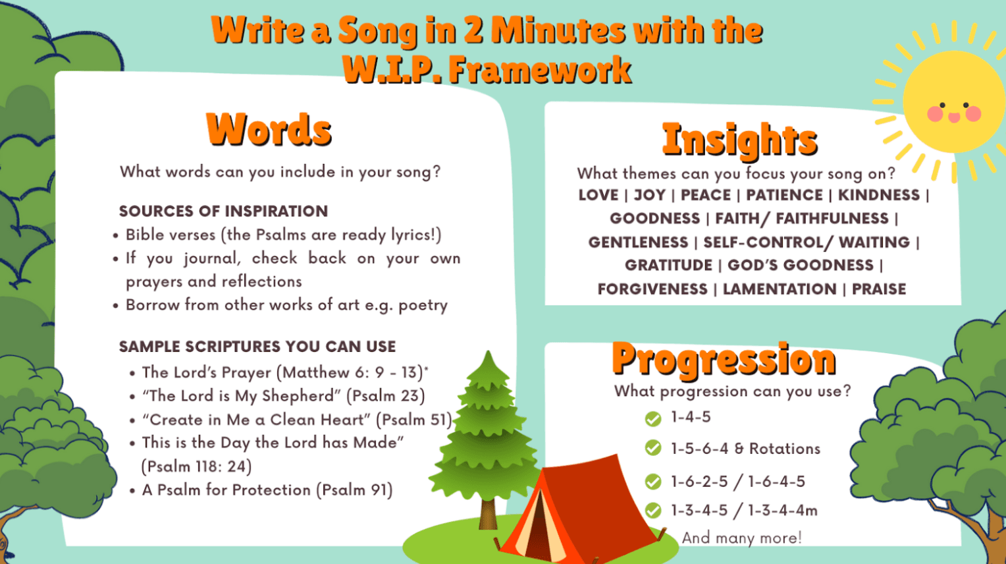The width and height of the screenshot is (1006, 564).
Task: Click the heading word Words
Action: pyautogui.click(x=269, y=129)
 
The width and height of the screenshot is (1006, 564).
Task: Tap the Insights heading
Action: pyautogui.click(x=739, y=140)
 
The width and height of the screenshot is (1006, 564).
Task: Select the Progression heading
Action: pyautogui.click(x=724, y=359)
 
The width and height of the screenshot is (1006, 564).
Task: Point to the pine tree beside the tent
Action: pyautogui.click(x=488, y=428)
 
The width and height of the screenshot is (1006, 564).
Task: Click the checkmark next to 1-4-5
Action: pyautogui.click(x=653, y=419)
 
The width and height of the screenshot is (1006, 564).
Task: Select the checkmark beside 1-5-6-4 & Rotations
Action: pyautogui.click(x=653, y=449)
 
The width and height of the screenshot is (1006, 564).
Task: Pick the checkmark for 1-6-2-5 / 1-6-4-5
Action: pyautogui.click(x=653, y=482)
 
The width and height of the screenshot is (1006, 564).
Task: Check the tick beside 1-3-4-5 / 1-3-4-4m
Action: pyautogui.click(x=653, y=511)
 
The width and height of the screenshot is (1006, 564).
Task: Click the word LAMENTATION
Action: pyautogui.click(x=780, y=289)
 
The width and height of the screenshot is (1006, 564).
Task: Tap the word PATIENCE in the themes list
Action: pyautogui.click(x=784, y=195)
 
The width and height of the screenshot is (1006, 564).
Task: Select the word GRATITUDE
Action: pyautogui.click(x=668, y=266)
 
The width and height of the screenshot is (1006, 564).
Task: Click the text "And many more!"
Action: pyautogui.click(x=741, y=538)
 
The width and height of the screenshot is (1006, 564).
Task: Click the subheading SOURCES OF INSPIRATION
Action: pyautogui.click(x=223, y=211)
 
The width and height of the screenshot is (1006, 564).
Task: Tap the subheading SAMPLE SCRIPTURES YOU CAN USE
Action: pyautogui.click(x=257, y=347)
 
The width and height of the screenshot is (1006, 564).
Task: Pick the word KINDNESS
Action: pyautogui.click(x=878, y=195)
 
